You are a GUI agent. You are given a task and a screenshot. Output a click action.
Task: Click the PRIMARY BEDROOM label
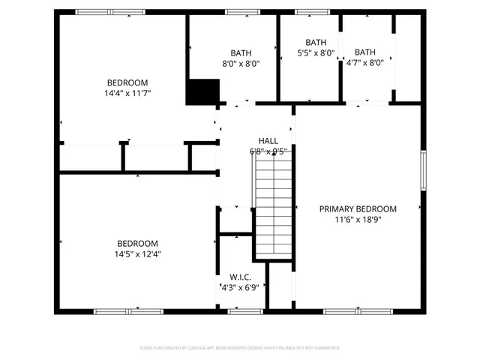(358, 208)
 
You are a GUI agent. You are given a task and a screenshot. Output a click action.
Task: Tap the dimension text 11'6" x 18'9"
(358, 219)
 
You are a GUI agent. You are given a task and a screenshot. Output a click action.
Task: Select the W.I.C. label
(240, 277)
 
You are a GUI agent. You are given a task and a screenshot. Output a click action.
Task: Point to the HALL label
(268, 140)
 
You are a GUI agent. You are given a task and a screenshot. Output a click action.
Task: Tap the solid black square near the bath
(202, 92)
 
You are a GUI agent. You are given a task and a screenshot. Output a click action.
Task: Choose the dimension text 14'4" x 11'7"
(127, 93)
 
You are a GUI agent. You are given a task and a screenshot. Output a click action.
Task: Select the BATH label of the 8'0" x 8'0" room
(241, 53)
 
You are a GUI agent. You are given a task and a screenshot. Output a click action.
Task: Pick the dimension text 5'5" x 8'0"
(316, 53)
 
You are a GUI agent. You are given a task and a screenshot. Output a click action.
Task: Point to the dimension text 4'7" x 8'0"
(364, 63)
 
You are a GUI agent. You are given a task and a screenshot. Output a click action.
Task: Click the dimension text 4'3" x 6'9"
(240, 287)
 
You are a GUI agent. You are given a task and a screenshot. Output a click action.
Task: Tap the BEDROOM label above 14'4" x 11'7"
(127, 82)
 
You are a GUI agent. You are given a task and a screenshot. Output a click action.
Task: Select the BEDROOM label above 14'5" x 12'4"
(137, 243)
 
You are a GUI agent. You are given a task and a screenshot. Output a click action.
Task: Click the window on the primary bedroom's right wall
(424, 170)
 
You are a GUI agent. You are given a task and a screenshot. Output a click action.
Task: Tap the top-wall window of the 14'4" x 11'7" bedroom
(111, 12)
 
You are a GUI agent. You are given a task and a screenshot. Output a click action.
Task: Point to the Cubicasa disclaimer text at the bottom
(240, 348)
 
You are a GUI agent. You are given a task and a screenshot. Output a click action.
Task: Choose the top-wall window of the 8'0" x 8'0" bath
(240, 12)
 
